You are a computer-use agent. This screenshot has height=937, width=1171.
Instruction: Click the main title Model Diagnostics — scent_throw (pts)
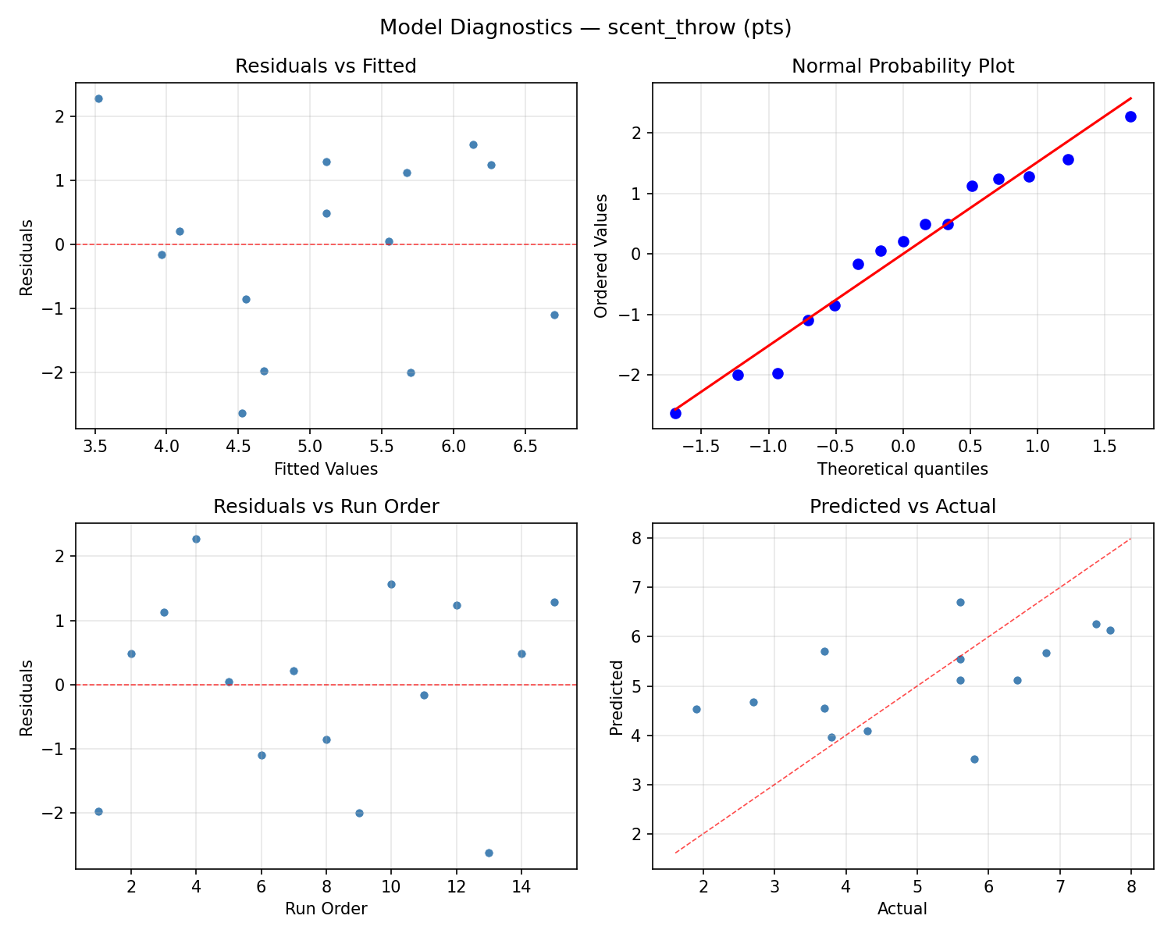pyautogui.click(x=585, y=28)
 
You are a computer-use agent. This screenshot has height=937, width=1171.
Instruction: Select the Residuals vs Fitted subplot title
pyautogui.click(x=326, y=66)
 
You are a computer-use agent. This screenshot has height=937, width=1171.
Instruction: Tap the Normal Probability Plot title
pyautogui.click(x=902, y=66)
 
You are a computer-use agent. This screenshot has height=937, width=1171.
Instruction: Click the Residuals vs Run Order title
pyautogui.click(x=326, y=507)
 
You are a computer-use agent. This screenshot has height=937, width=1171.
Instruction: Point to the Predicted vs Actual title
pyautogui.click(x=902, y=507)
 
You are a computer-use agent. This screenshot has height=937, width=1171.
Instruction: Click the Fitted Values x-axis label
pyautogui.click(x=326, y=469)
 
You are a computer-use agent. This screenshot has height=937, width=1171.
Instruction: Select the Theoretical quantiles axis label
pyautogui.click(x=902, y=469)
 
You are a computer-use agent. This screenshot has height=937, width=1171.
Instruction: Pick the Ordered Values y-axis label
pyautogui.click(x=600, y=256)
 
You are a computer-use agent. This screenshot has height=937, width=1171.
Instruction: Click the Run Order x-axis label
pyautogui.click(x=326, y=909)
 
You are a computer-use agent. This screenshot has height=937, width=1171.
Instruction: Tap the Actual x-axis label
pyautogui.click(x=902, y=909)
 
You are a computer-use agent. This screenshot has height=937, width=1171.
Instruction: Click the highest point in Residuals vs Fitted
pyautogui.click(x=98, y=98)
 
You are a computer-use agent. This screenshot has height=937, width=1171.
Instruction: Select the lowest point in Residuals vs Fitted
pyautogui.click(x=242, y=413)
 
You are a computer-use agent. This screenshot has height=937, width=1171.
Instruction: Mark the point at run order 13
pyautogui.click(x=489, y=853)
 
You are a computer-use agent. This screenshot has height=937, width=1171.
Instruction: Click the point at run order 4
pyautogui.click(x=196, y=539)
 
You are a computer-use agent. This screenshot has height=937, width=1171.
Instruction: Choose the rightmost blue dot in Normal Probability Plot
pyautogui.click(x=1130, y=116)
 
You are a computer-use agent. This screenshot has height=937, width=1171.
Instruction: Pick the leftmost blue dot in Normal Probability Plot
pyautogui.click(x=675, y=413)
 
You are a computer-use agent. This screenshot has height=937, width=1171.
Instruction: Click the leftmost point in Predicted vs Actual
pyautogui.click(x=696, y=709)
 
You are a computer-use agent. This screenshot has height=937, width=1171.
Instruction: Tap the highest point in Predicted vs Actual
pyautogui.click(x=960, y=602)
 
